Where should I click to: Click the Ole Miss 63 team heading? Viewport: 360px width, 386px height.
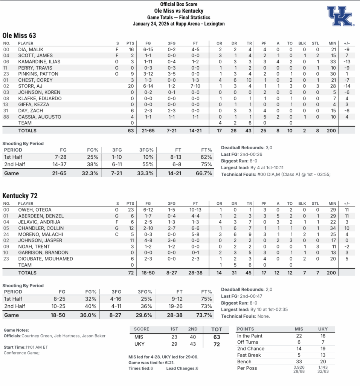[x=19, y=35]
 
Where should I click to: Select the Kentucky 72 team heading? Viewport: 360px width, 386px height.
[x=20, y=196]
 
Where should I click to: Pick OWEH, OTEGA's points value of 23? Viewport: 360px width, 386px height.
[x=131, y=210]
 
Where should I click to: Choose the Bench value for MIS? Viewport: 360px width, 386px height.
[x=299, y=361]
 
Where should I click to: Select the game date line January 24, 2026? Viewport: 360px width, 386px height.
[x=178, y=24]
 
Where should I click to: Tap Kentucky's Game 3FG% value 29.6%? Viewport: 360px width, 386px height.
[x=145, y=315]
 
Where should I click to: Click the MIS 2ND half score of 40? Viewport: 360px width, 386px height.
[x=192, y=337]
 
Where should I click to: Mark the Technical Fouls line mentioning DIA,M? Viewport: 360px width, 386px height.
[x=276, y=174]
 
